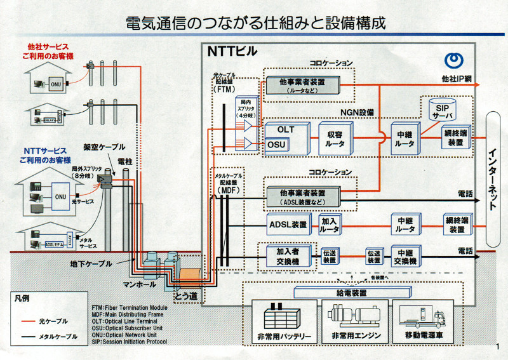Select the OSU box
click(x=276, y=145)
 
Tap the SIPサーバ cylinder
click(x=441, y=109)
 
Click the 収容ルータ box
click(x=336, y=138)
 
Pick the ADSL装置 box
click(x=288, y=224)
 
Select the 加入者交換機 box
click(x=283, y=256)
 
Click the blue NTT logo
click(x=453, y=62)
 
